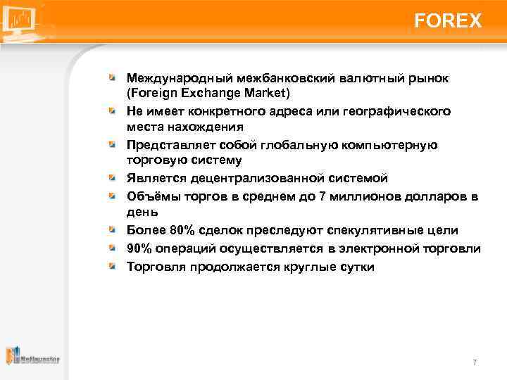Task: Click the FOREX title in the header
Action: click(x=448, y=21)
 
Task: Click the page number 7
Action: click(x=475, y=362)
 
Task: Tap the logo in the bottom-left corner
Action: click(x=32, y=357)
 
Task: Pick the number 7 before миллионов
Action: click(x=323, y=196)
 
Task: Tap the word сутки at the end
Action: click(x=356, y=267)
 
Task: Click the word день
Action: click(x=142, y=212)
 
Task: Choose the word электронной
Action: click(x=370, y=248)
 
